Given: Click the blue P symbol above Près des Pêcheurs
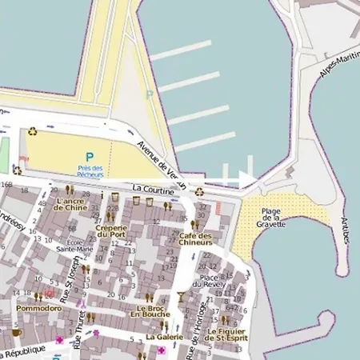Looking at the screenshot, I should coord(90,157).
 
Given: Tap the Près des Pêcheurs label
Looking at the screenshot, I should coord(90,170).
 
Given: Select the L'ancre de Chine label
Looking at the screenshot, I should coord(70,203).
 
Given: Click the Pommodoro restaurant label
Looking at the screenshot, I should coord(38,307).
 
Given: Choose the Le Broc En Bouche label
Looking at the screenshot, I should coord(150,312).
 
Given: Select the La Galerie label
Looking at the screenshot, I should coord(164,337).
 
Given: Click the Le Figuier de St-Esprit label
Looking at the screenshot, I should coord(226,334).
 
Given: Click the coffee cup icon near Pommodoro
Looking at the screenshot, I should coord(15,331).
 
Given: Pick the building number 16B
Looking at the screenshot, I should coord(7,186).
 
